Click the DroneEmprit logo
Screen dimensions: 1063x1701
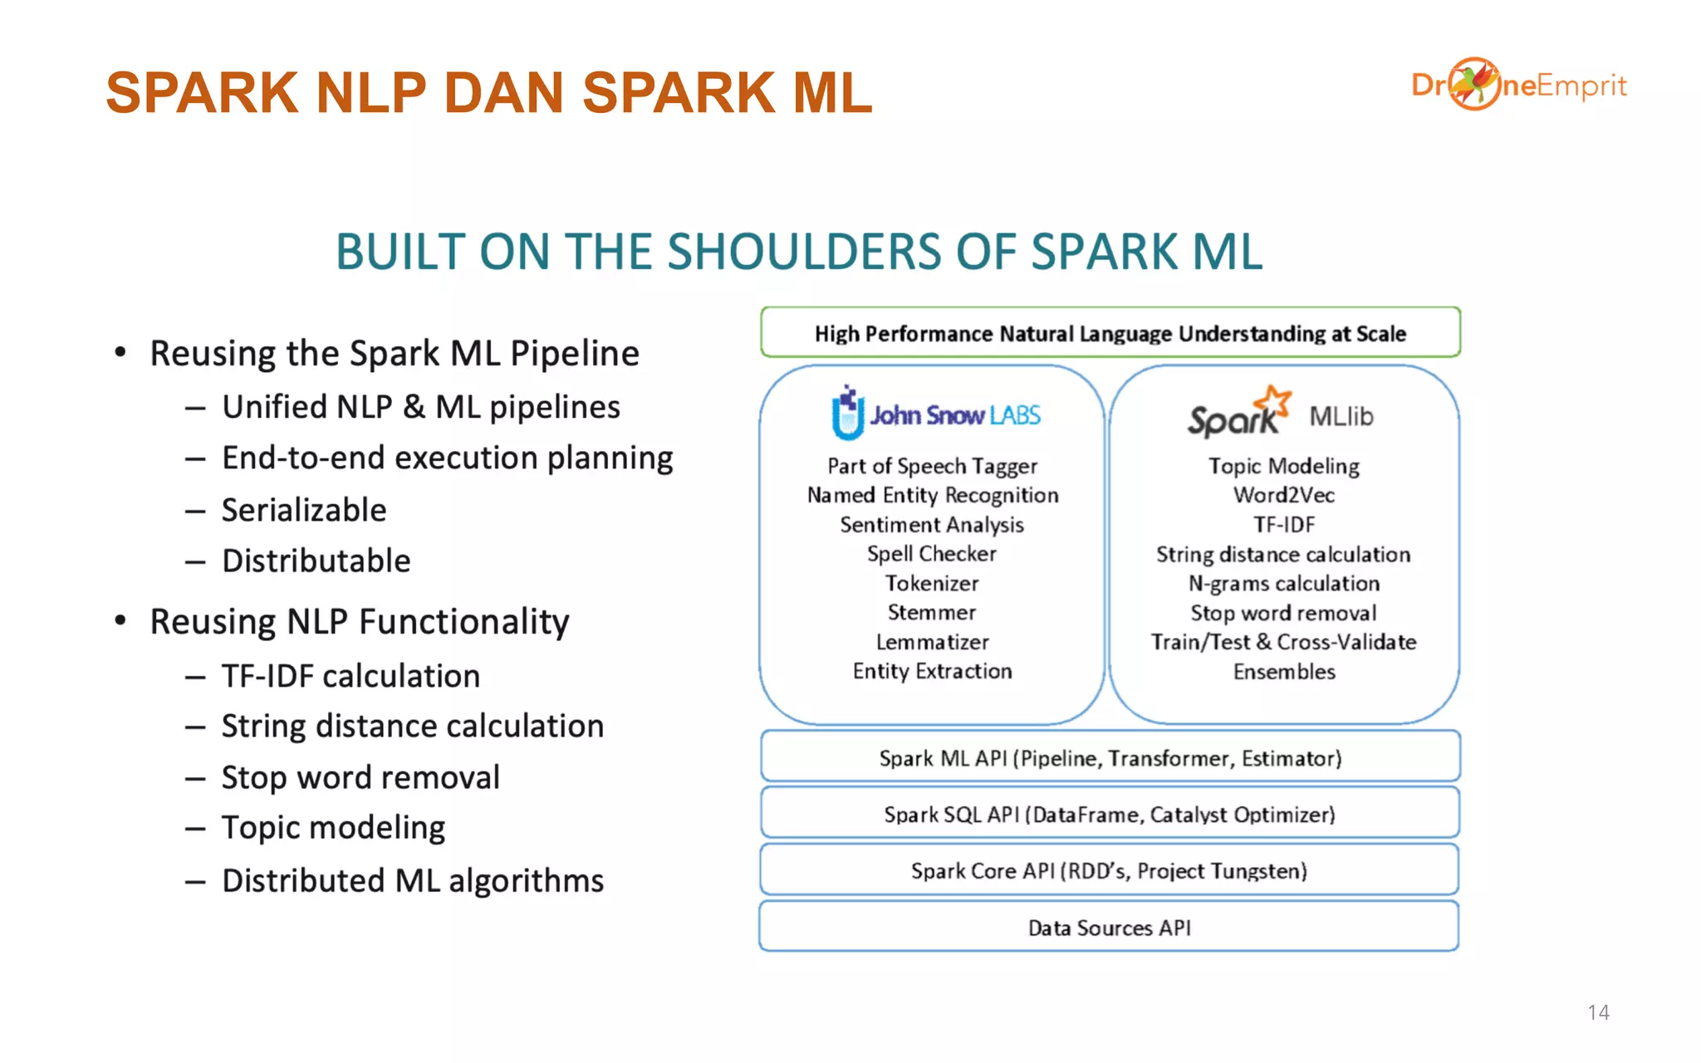[x=1518, y=85]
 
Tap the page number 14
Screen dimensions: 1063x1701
[x=1598, y=1012]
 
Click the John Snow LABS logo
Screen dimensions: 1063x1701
[x=936, y=414]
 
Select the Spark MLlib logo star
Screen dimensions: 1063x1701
[x=1274, y=402]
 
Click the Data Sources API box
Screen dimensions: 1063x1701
[x=1109, y=927]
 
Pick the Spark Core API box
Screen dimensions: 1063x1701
[x=1109, y=870]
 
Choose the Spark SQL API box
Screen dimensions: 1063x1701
[x=1109, y=814]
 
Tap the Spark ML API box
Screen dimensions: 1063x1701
[x=1110, y=757]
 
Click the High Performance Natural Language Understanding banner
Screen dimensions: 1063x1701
[x=1110, y=333]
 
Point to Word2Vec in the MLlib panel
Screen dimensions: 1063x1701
[x=1283, y=495]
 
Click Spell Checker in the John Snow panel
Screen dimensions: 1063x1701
[x=931, y=554]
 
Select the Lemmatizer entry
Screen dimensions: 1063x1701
[x=932, y=642]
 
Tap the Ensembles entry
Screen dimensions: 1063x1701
[x=1284, y=671]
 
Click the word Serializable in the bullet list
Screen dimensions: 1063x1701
[x=304, y=510]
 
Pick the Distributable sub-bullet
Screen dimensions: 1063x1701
[x=316, y=561]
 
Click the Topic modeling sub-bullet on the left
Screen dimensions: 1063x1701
[x=333, y=828]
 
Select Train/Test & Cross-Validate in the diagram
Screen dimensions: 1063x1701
[x=1283, y=642]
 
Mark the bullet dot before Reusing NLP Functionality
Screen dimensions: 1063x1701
[x=120, y=620]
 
